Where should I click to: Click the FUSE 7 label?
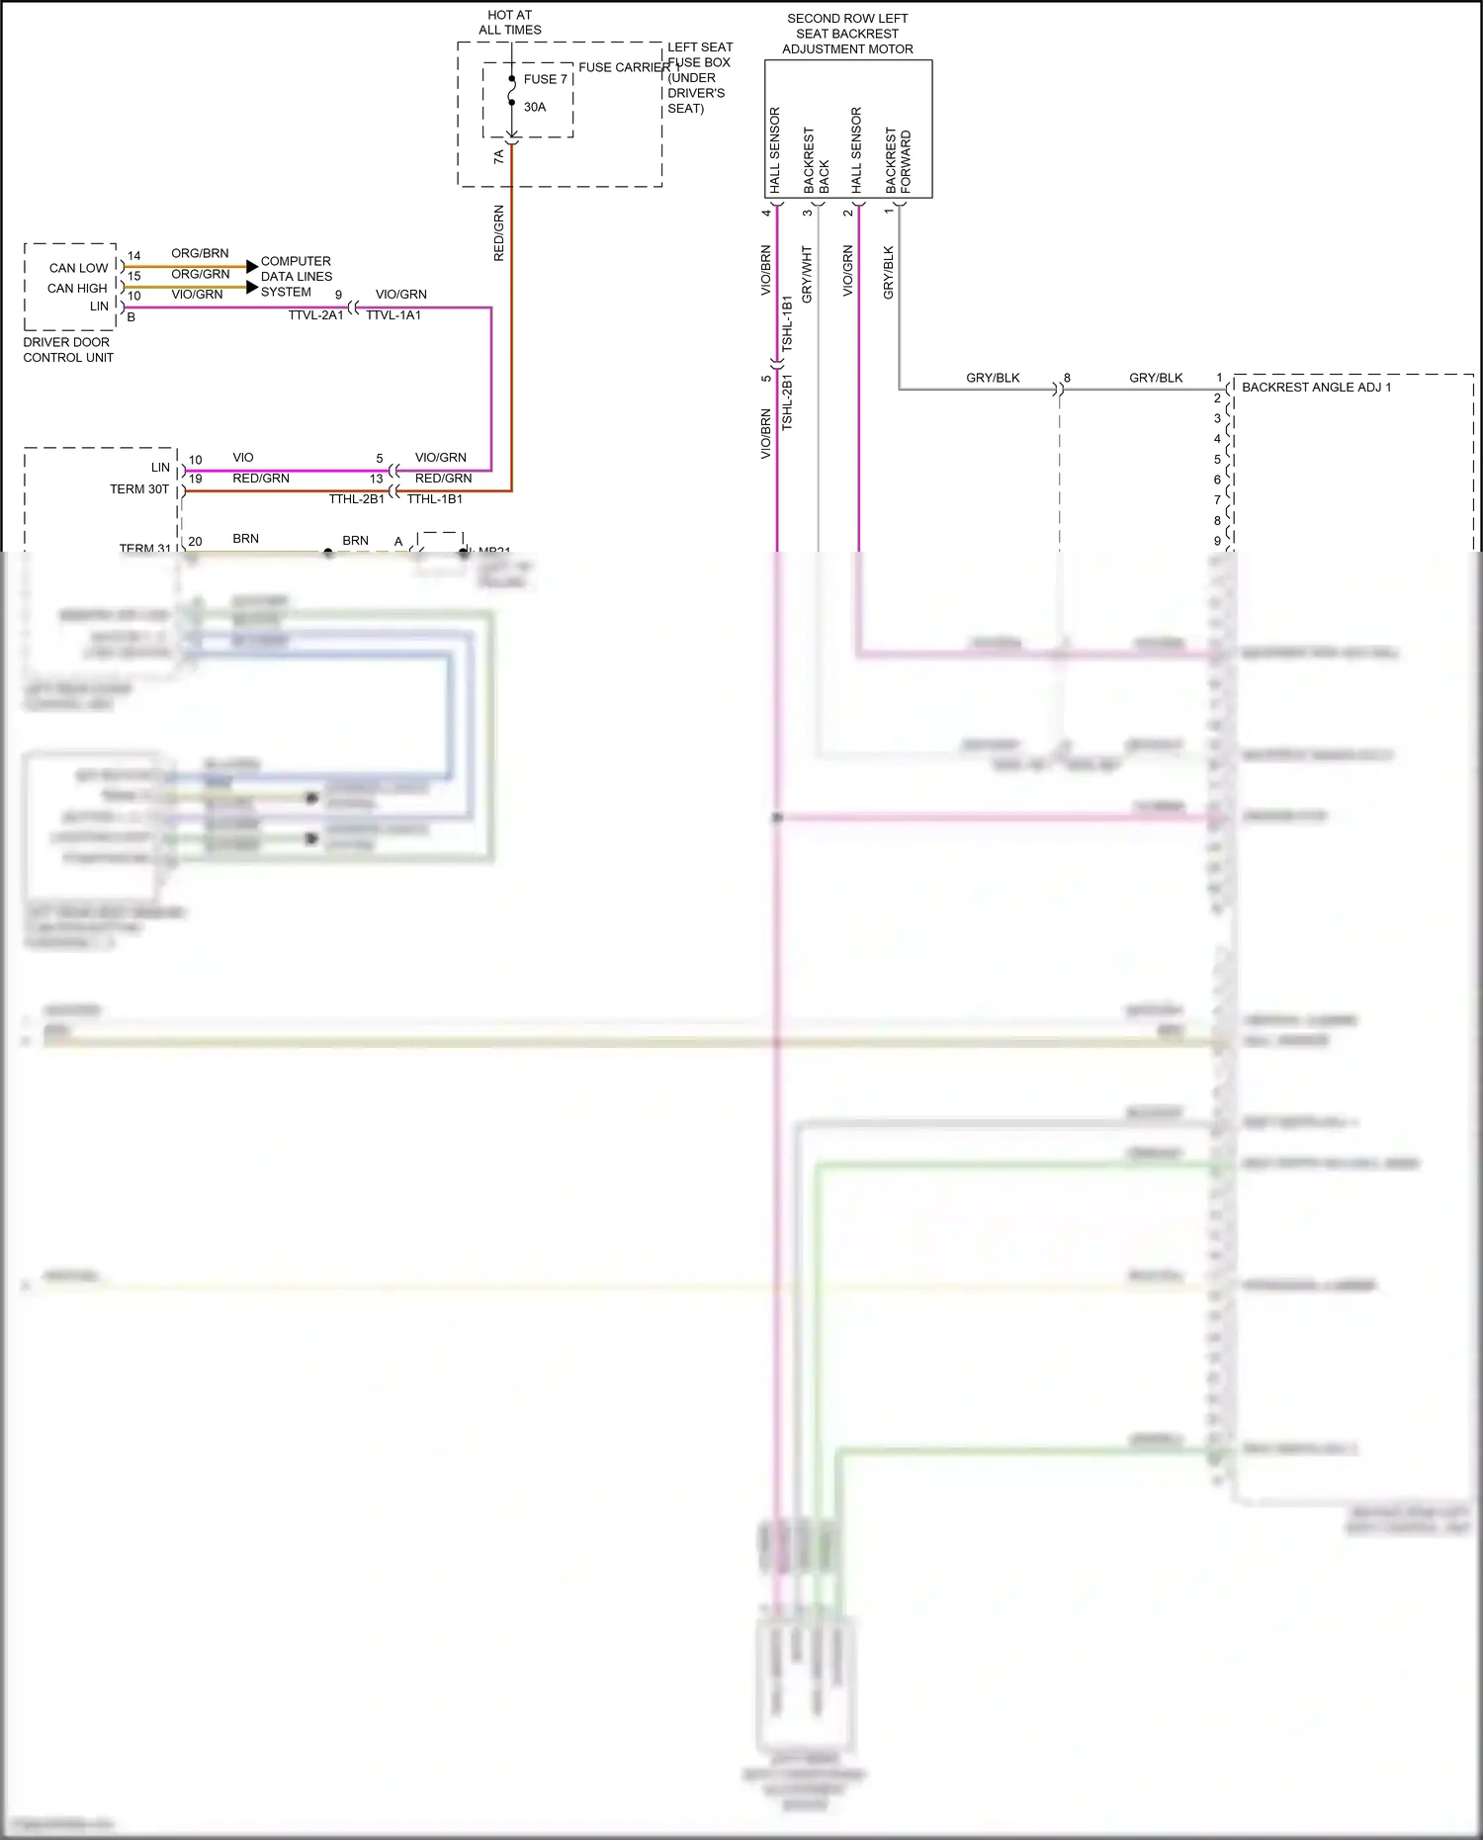tap(545, 79)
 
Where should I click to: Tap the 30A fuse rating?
tap(535, 107)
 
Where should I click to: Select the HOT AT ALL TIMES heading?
tap(510, 23)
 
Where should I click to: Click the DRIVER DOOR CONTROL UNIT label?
tap(68, 350)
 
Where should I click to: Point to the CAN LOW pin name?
tap(78, 268)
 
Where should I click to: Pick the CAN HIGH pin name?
tap(77, 288)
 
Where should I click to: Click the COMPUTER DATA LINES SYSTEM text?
tap(296, 277)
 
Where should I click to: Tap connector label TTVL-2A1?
tap(315, 315)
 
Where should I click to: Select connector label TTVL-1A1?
tap(393, 315)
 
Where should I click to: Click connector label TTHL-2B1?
tap(356, 499)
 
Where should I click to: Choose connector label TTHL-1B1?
tap(435, 499)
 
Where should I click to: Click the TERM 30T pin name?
tap(139, 489)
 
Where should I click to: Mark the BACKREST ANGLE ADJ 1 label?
tap(1316, 387)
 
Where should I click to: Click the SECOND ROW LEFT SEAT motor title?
tap(847, 34)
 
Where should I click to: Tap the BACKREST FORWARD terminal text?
tap(898, 160)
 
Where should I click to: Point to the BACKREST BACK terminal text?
tap(816, 160)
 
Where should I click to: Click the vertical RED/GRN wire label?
tap(498, 233)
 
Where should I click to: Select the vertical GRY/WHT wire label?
tap(807, 274)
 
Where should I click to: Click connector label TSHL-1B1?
tap(787, 323)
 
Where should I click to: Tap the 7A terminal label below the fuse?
tap(498, 156)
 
